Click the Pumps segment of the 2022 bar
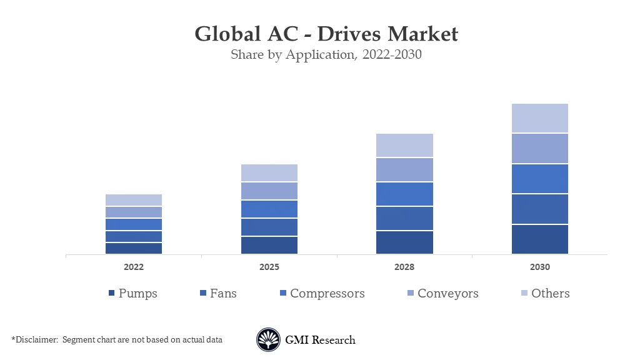[134, 248]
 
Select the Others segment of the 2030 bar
[540, 118]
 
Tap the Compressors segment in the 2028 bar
[404, 194]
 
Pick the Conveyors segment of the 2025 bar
[269, 191]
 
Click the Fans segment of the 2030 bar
[540, 209]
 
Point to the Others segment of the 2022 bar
[134, 200]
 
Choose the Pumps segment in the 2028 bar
[404, 242]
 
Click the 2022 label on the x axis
[134, 267]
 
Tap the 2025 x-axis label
[269, 267]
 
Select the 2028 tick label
[404, 267]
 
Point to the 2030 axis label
[540, 267]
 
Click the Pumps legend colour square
[111, 294]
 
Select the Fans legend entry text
[223, 293]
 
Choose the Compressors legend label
[327, 293]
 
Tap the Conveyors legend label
[447, 293]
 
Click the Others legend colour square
[524, 294]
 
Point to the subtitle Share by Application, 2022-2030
[326, 54]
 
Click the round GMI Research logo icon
[268, 340]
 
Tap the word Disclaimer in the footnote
[36, 339]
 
